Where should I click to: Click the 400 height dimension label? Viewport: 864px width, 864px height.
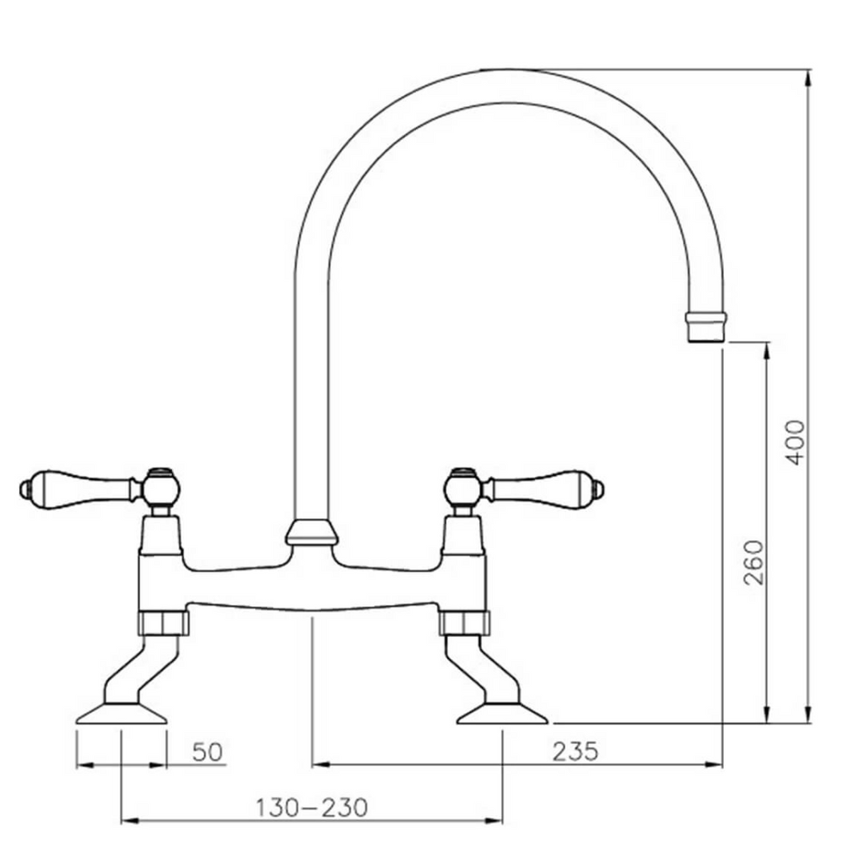[x=795, y=440]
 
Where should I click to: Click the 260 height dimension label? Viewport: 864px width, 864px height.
[x=753, y=562]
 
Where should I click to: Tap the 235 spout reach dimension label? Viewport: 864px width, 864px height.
[x=575, y=750]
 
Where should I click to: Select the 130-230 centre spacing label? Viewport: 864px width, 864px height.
[x=312, y=807]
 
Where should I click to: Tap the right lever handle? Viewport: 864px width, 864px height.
[x=540, y=486]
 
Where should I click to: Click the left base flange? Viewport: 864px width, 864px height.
[x=123, y=715]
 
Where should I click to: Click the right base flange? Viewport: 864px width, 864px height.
[x=503, y=715]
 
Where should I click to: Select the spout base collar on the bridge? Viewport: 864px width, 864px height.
[x=312, y=532]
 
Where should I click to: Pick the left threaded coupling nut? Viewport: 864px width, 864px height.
[x=164, y=623]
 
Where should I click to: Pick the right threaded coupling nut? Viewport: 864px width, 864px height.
[x=464, y=623]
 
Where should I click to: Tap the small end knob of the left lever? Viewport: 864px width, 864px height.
[x=24, y=487]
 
